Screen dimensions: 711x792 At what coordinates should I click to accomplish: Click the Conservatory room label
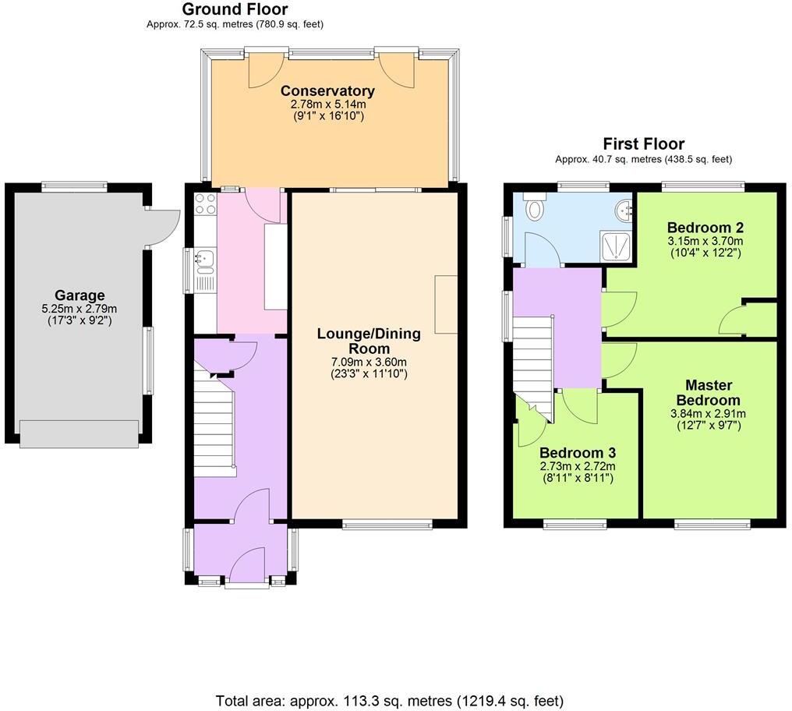click(x=327, y=90)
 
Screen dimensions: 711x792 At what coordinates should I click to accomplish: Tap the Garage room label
click(x=80, y=295)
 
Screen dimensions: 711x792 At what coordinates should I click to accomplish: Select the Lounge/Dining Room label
click(x=368, y=341)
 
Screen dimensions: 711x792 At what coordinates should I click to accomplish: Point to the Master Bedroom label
click(x=709, y=392)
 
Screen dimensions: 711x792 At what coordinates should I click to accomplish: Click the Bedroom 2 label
click(x=705, y=228)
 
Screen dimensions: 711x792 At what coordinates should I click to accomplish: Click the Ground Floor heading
click(x=235, y=9)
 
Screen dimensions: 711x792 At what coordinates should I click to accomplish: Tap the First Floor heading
click(x=643, y=143)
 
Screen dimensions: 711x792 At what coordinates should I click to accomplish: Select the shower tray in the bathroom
click(x=618, y=245)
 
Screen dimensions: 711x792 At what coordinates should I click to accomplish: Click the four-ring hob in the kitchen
click(x=204, y=204)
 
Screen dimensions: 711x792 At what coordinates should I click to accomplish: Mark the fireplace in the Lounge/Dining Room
click(x=446, y=304)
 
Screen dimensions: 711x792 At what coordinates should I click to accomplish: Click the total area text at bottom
click(x=389, y=700)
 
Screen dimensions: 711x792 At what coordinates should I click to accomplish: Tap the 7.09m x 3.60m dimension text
click(x=368, y=362)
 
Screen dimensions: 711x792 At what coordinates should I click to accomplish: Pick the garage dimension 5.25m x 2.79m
click(x=80, y=309)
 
